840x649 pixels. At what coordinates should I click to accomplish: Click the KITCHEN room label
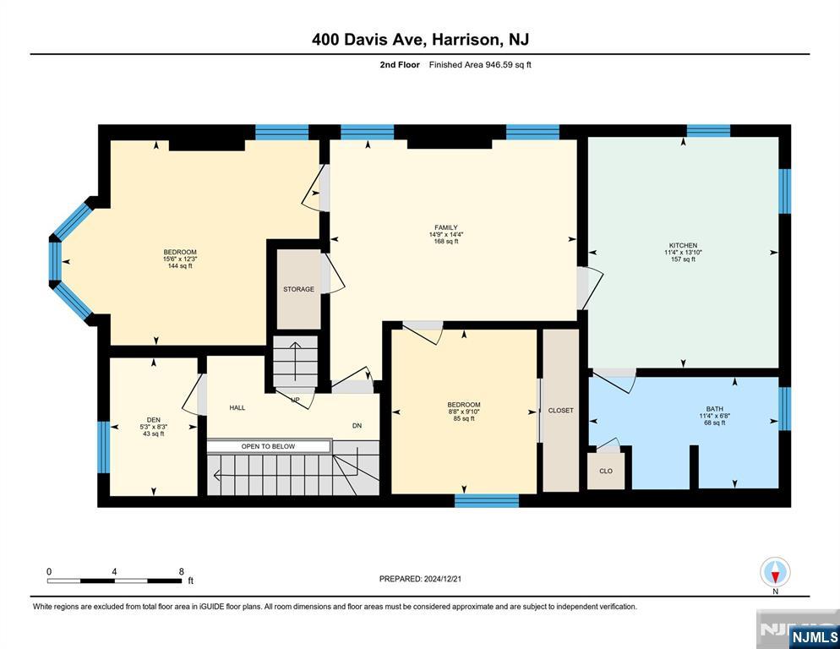click(683, 245)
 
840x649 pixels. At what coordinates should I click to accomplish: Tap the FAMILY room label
click(445, 228)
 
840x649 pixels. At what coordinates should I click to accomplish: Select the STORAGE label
click(298, 289)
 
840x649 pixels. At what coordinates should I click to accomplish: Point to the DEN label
click(153, 420)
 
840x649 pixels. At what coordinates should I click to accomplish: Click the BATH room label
click(715, 409)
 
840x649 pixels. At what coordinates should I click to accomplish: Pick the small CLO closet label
click(606, 471)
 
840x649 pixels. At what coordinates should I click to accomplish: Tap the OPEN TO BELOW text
click(268, 446)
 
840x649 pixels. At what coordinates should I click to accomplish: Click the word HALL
click(237, 408)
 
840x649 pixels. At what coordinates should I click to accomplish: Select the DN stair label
click(357, 426)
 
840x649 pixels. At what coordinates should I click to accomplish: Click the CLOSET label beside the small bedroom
click(561, 411)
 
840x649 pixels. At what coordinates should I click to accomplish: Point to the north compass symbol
click(775, 573)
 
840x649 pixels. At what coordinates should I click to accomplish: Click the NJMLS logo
click(815, 636)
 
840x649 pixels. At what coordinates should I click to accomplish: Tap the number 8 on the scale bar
click(182, 571)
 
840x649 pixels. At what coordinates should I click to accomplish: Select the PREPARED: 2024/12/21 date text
click(420, 579)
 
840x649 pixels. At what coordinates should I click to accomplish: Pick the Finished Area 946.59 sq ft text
click(480, 65)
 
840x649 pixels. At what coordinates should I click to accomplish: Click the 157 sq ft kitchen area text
click(683, 259)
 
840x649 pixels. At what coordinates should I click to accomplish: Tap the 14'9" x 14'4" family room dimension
click(445, 235)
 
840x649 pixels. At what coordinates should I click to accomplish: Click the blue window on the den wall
click(103, 447)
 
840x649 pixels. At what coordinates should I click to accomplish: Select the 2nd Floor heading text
click(400, 65)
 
